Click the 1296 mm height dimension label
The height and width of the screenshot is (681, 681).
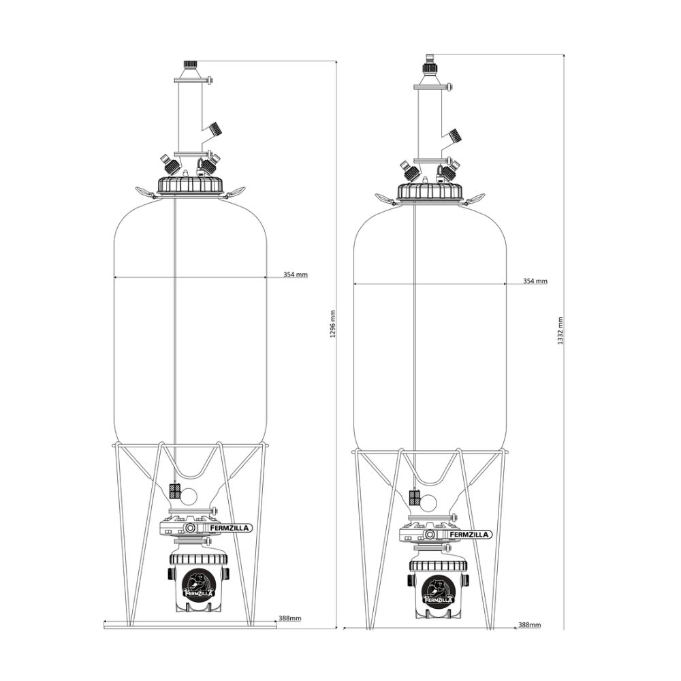click(x=333, y=324)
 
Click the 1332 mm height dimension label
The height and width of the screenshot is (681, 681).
click(x=560, y=330)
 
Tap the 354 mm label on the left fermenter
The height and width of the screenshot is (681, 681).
click(x=296, y=274)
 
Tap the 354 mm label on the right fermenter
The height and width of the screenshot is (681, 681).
click(x=535, y=281)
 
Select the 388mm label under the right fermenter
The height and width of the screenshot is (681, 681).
click(x=529, y=625)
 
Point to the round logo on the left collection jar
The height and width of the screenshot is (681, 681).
click(x=198, y=584)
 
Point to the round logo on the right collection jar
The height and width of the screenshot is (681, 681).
click(x=438, y=590)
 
